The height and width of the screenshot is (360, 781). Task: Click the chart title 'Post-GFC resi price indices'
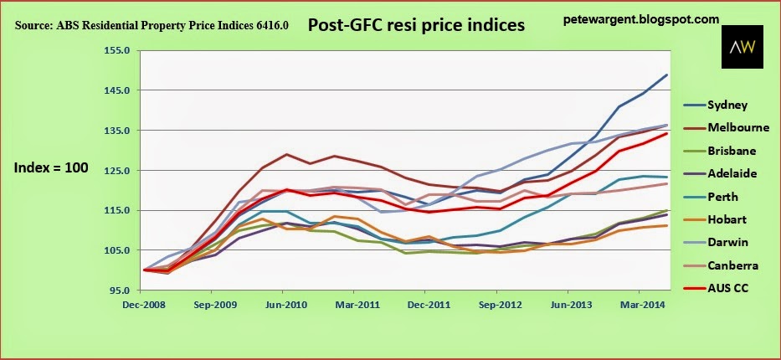416,25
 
